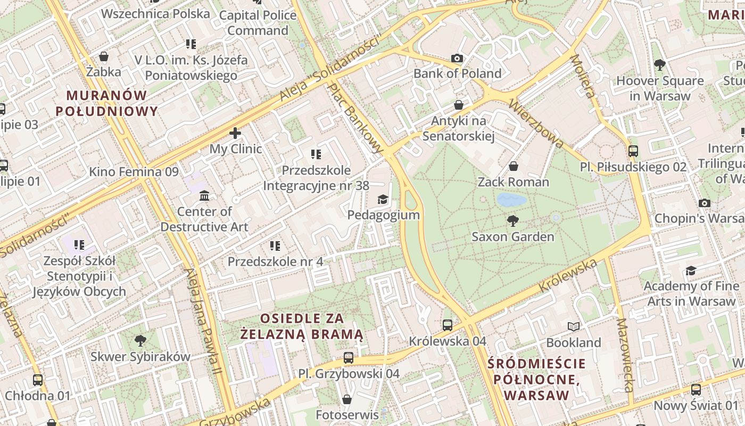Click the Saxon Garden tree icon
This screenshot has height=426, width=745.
click(513, 220)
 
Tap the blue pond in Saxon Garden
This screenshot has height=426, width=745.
click(511, 200)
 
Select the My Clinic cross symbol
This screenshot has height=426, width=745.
click(235, 133)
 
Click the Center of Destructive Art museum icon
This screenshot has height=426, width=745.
click(204, 196)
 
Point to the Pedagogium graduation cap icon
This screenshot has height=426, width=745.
click(383, 200)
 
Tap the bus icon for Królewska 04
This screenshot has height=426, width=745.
click(448, 325)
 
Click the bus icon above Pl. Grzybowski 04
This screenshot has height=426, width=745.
click(349, 358)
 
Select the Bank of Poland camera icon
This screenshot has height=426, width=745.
click(457, 58)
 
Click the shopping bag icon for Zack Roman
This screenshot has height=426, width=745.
click(514, 167)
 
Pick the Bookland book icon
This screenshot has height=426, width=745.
click(573, 326)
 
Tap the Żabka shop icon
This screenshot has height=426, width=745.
click(104, 56)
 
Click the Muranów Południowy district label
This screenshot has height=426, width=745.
click(107, 103)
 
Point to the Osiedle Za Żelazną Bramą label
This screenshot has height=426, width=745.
click(302, 326)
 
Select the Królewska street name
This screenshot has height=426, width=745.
click(568, 275)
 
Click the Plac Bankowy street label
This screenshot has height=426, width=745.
click(355, 118)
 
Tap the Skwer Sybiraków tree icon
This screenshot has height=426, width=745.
click(140, 340)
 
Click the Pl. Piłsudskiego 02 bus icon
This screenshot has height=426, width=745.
click(633, 151)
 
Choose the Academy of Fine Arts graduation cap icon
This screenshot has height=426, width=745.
click(691, 271)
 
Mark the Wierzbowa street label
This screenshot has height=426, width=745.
click(536, 123)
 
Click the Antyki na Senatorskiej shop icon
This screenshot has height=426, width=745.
click(459, 105)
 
